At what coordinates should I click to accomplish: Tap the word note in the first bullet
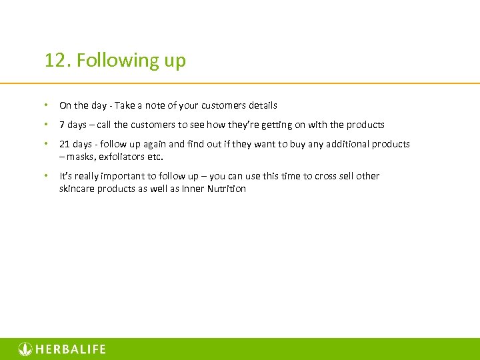pyautogui.click(x=154, y=105)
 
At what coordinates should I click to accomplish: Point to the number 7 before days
pyautogui.click(x=62, y=125)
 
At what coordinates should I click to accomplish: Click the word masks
pyautogui.click(x=81, y=157)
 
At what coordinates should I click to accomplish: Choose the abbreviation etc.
pyautogui.click(x=155, y=157)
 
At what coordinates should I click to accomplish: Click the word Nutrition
pyautogui.click(x=226, y=189)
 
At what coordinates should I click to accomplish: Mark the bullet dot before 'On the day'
pyautogui.click(x=47, y=105)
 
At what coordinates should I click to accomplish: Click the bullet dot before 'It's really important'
pyautogui.click(x=47, y=176)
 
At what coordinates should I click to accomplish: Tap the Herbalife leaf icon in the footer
pyautogui.click(x=25, y=349)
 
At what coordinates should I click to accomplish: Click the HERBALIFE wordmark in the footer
pyautogui.click(x=71, y=349)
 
